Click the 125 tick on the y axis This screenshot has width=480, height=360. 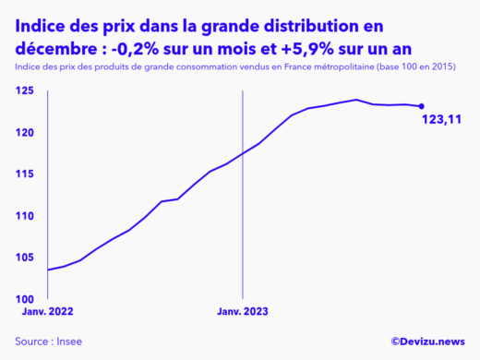point(25,90)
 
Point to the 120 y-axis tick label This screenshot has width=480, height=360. point(25,133)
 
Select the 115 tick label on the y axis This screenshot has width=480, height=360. point(25,174)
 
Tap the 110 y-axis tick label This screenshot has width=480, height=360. point(25,216)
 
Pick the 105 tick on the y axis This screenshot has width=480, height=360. point(25,258)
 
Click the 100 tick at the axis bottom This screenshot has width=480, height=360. point(25,299)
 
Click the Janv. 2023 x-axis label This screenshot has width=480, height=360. point(242,312)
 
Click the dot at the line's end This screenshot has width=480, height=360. point(422,106)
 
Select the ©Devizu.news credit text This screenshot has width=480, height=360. point(426,342)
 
